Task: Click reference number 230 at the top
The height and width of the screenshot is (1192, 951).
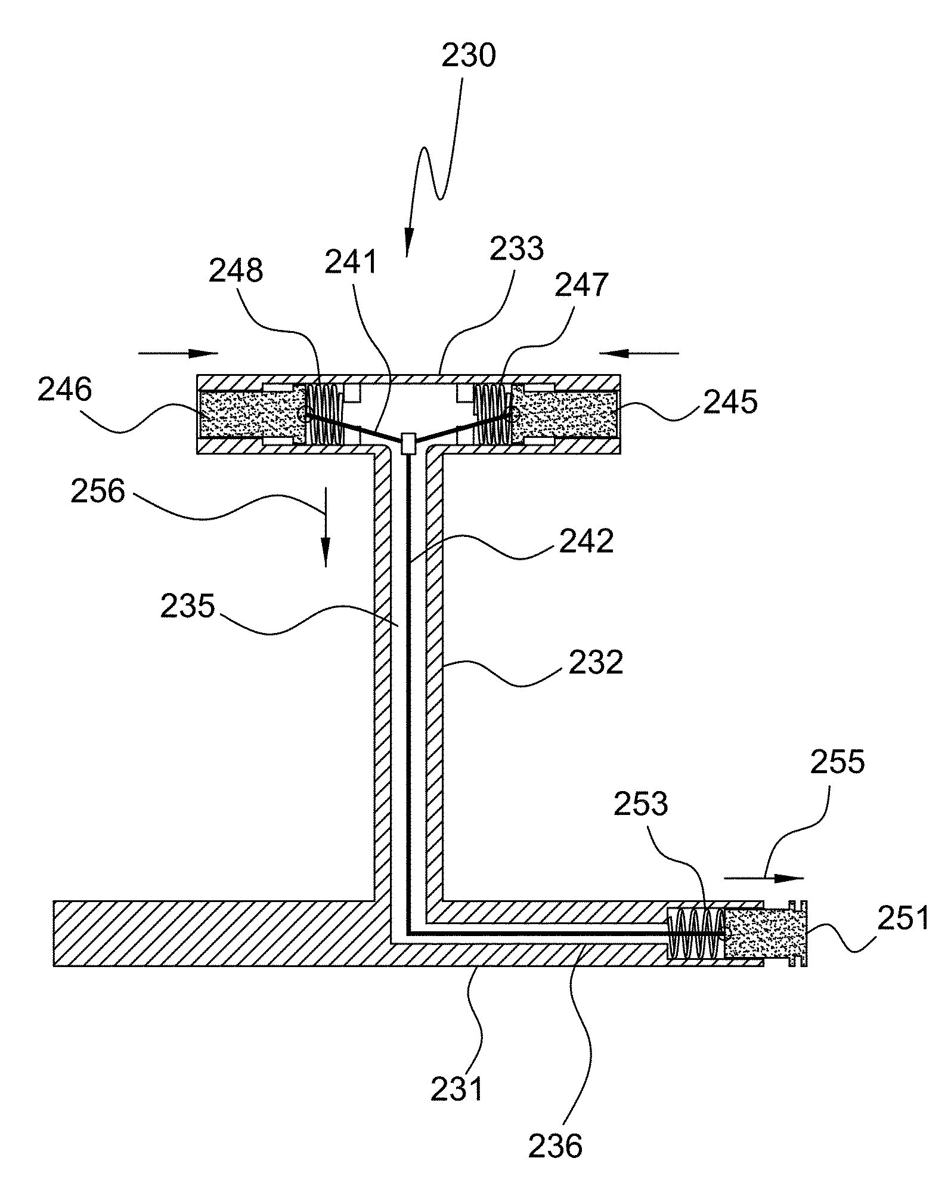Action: [x=469, y=56]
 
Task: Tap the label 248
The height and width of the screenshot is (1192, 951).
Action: [x=236, y=271]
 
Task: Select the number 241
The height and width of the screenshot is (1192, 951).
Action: [x=351, y=262]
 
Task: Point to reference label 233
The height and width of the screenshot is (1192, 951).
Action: [x=517, y=249]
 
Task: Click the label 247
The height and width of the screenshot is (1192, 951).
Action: [x=581, y=285]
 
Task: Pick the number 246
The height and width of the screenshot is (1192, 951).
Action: [x=65, y=391]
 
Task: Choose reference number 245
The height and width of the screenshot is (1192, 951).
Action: [x=730, y=403]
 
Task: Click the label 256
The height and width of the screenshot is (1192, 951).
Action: [x=98, y=492]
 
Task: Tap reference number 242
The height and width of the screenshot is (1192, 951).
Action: [x=586, y=542]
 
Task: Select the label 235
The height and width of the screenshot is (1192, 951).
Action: [x=187, y=607]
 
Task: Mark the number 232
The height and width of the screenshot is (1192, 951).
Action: [x=596, y=662]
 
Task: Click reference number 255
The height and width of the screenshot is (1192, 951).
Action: [x=837, y=762]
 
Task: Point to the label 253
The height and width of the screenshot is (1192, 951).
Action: [x=641, y=804]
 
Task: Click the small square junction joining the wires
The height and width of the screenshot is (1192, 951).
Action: [x=409, y=443]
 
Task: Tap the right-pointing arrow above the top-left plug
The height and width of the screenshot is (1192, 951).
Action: [x=178, y=353]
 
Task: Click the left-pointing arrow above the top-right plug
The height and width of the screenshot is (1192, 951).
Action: [x=639, y=353]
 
